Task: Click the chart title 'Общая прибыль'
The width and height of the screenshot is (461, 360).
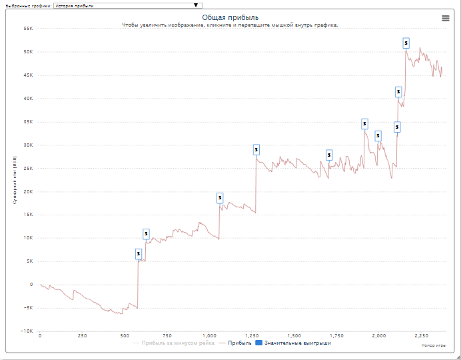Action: coord(230,17)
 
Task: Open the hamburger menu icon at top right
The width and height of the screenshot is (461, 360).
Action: coord(446,18)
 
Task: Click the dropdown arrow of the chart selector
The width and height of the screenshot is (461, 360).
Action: coord(196,5)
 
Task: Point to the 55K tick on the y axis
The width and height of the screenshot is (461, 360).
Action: coord(28,29)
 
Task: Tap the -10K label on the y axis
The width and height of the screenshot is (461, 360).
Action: coord(27,331)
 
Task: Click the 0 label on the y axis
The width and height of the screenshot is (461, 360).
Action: coord(31,285)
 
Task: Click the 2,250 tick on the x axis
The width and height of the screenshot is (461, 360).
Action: coord(422,336)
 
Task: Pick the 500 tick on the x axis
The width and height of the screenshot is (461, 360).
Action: coord(125,336)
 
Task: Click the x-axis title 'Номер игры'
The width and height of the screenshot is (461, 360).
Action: coord(433,345)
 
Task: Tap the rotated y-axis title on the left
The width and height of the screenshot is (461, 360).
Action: coord(14,180)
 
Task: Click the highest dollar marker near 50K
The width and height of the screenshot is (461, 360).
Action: coord(406,43)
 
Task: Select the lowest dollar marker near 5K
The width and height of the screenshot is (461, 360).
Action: coord(139,253)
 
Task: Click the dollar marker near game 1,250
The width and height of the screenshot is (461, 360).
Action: coord(256,149)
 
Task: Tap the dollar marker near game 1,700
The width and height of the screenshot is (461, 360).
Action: coord(329,155)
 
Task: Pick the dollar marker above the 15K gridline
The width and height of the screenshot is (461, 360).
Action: coord(220,198)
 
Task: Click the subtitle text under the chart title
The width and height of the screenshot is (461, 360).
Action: coord(230,25)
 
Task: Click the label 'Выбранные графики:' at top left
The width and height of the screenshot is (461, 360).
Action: coord(26,5)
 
